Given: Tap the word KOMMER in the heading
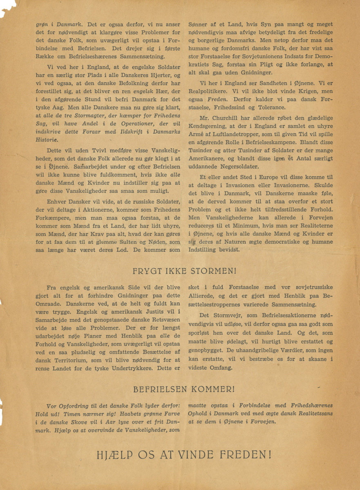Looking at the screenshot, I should point(209,390).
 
